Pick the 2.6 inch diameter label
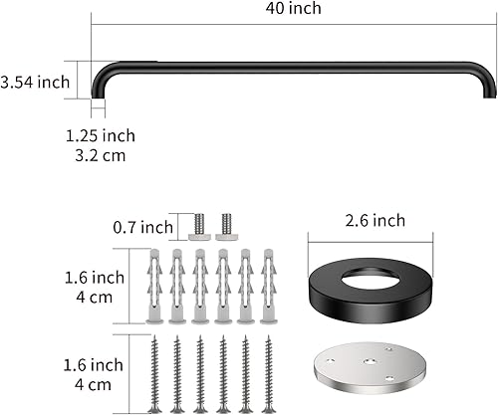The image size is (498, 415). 372,220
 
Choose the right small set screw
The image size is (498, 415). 224,226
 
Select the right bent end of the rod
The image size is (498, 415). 488,80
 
